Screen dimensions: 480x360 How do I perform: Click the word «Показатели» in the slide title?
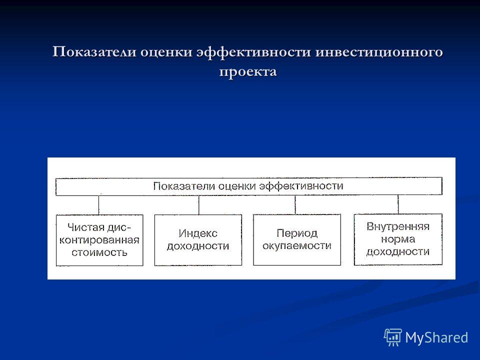94,51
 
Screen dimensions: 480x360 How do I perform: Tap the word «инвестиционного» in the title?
379,52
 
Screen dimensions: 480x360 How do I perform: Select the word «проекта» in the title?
248,72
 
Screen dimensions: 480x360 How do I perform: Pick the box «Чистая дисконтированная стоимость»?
99,240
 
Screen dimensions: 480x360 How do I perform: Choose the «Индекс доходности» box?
198,239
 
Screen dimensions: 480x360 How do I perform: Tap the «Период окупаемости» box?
297,239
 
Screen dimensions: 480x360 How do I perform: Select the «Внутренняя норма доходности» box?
398,239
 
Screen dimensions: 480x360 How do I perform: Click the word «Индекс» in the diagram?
198,233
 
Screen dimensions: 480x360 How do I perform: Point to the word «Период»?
297,233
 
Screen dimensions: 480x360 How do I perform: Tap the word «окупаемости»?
297,245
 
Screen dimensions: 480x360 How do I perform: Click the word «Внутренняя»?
398,226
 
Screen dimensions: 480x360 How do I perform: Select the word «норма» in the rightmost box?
398,239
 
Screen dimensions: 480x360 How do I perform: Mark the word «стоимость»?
99,252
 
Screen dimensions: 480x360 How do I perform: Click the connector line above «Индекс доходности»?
198,205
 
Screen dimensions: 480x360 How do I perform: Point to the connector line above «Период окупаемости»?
295,205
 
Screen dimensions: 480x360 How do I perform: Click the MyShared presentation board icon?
393,337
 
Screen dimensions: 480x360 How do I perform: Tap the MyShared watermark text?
436,338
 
